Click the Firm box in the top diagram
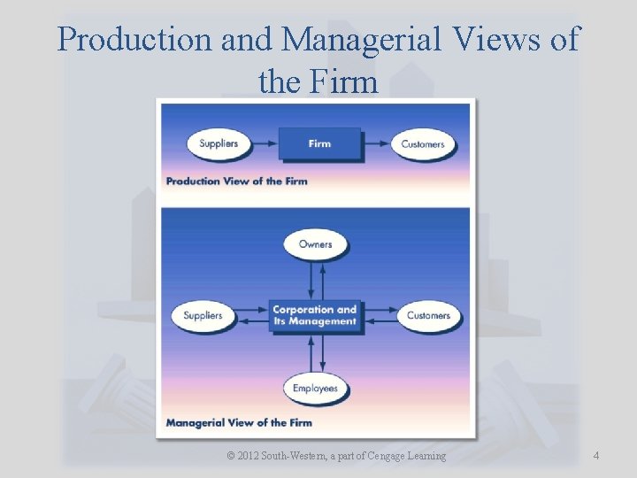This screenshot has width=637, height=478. pos(319,143)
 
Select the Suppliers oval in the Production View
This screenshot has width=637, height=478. pos(219,143)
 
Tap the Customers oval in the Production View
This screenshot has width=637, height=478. pos(422,143)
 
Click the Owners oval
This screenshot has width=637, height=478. pos(316,244)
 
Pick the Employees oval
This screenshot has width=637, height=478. pos(316,388)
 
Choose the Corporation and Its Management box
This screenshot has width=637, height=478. pos(315,315)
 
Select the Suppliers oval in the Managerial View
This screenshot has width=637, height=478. pos(203,315)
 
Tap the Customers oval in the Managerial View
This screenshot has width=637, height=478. pos(428,315)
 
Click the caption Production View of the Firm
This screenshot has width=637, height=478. pos(237,181)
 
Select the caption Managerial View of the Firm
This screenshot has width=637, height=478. pos(239,423)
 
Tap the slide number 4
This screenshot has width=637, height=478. pos(596,456)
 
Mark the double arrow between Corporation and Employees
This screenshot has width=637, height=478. pos(316,353)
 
